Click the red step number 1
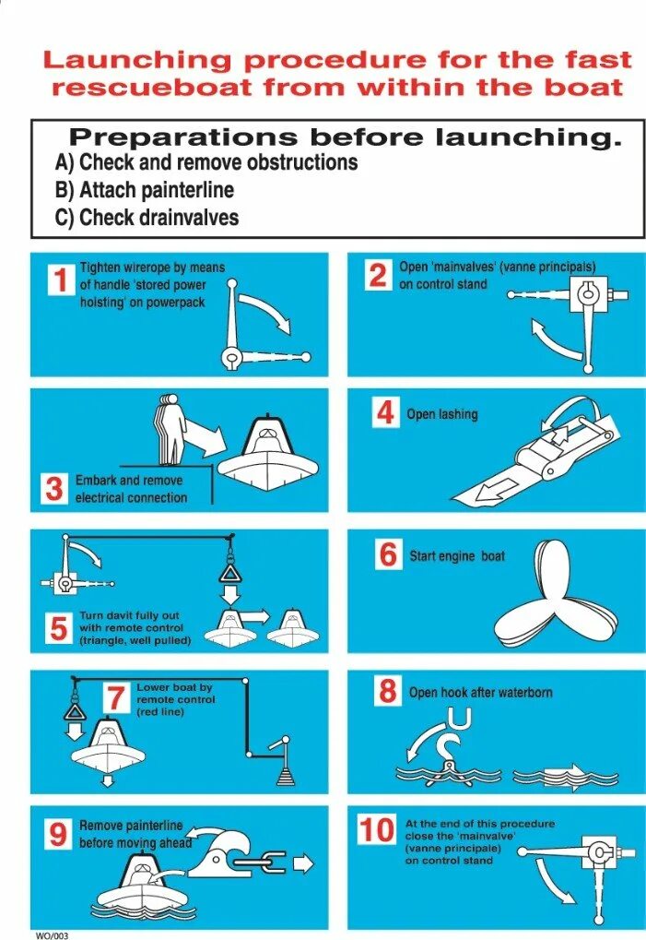click(x=61, y=280)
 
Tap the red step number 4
click(x=385, y=412)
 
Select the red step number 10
click(x=377, y=830)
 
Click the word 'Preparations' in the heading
click(x=183, y=137)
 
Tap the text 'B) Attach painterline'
click(x=145, y=190)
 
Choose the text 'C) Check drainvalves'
click(x=147, y=217)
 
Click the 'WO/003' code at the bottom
click(x=53, y=935)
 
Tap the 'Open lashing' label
click(x=441, y=414)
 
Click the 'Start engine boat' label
click(x=457, y=556)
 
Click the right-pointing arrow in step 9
click(x=303, y=863)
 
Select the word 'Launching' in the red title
click(x=137, y=61)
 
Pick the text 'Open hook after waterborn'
click(x=481, y=693)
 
